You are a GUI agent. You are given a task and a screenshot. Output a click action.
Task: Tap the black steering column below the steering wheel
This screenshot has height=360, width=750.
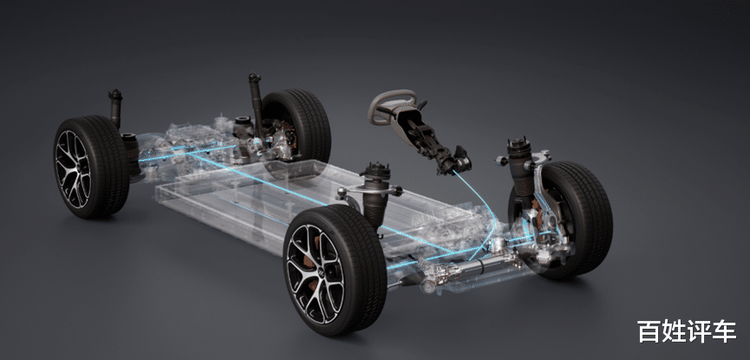pos(430,139)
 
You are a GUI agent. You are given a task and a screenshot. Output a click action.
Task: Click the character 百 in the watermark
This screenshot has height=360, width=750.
pos(649,331)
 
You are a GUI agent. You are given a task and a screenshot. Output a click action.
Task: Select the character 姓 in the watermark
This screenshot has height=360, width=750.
pos(675,331)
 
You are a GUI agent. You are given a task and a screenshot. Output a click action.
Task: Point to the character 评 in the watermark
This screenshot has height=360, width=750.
pos(700,331)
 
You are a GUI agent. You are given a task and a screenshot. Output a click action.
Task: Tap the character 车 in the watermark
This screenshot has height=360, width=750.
pos(724,331)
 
